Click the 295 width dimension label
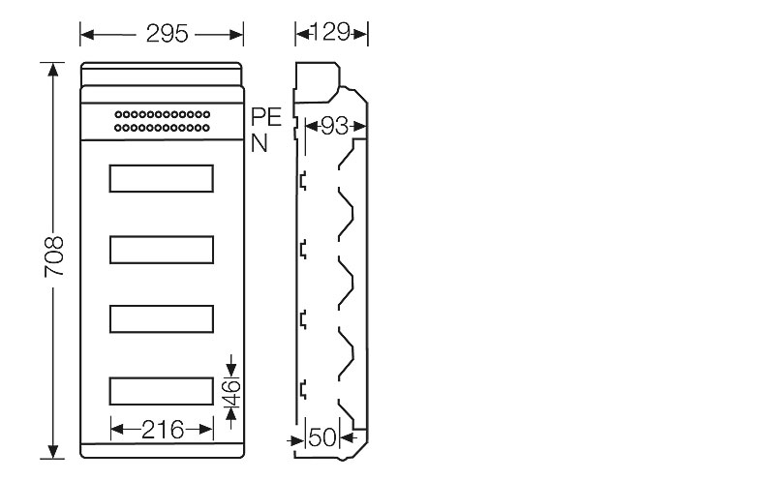click(167, 34)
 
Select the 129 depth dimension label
click(330, 32)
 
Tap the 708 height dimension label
click(53, 256)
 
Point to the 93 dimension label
click(335, 127)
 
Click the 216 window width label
click(163, 430)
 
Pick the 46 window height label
click(231, 393)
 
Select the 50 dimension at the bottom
click(322, 437)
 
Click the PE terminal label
click(266, 117)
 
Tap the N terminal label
click(260, 143)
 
